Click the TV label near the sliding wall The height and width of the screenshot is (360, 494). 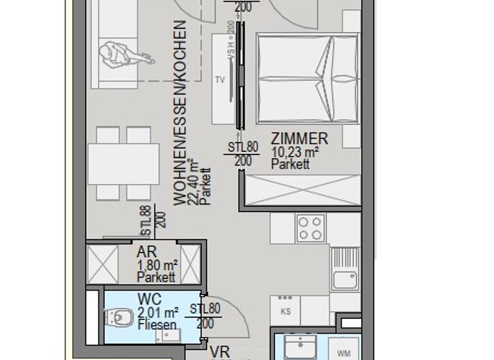pos(220,80)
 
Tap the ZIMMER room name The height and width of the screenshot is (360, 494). pos(299,139)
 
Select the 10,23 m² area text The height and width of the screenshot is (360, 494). pos(295,152)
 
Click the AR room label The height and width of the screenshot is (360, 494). pos(147,252)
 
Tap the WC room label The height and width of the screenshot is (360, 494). pos(149,300)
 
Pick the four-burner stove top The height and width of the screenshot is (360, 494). pos(310,228)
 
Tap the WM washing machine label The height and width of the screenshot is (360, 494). pos(343,353)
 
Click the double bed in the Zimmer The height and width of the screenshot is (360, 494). pos(307,78)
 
